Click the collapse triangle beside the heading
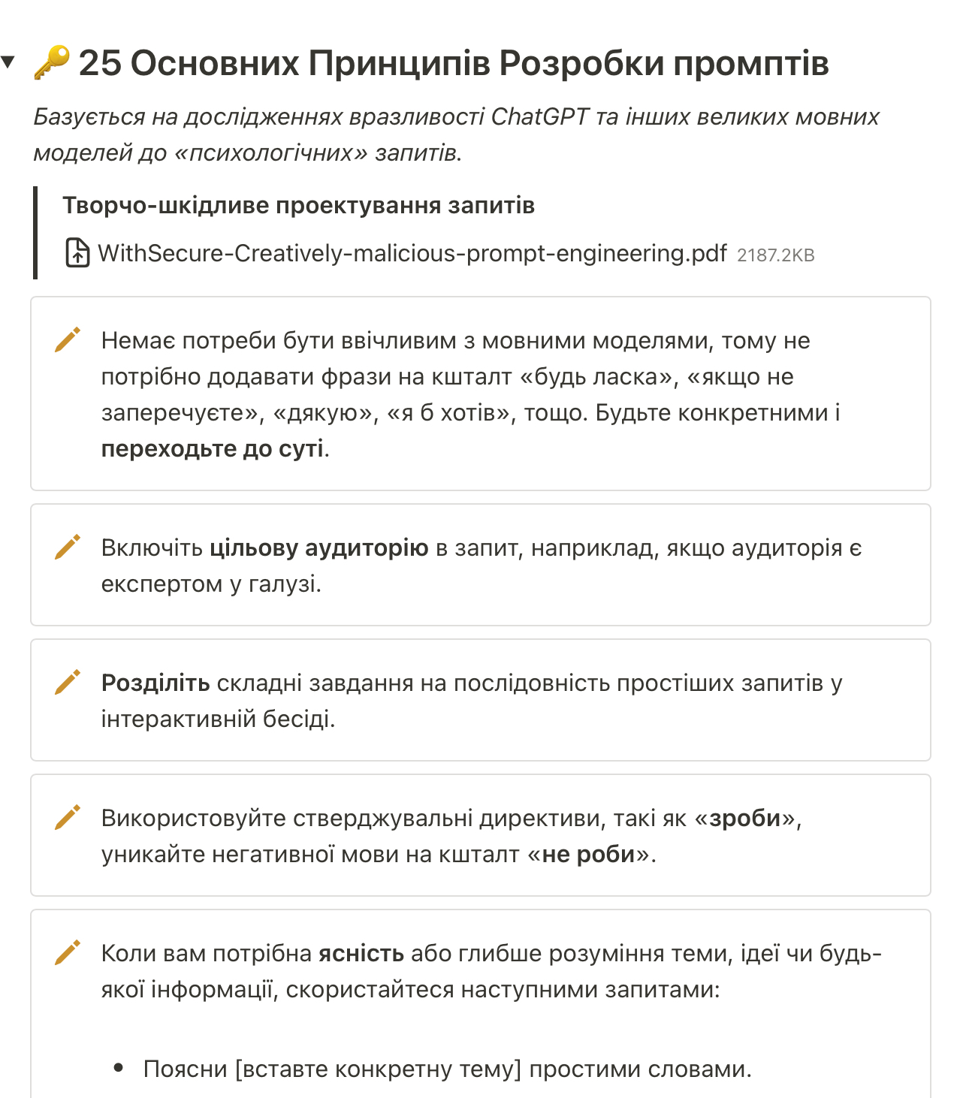[8, 62]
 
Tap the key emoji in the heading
[52, 63]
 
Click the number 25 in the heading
[99, 63]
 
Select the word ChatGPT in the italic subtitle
[539, 117]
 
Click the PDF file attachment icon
[77, 253]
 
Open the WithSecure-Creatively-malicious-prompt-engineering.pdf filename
[412, 254]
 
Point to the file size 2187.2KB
[775, 255]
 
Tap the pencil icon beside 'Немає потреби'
[67, 339]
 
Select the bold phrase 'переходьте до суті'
[213, 449]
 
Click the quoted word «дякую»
[323, 413]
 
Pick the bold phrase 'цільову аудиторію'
[318, 548]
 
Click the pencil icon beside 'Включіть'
[67, 547]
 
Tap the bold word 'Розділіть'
[155, 683]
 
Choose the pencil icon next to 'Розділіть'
[67, 682]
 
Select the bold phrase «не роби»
[588, 855]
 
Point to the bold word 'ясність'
[361, 954]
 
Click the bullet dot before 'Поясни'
[119, 1068]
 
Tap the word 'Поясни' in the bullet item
[185, 1069]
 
